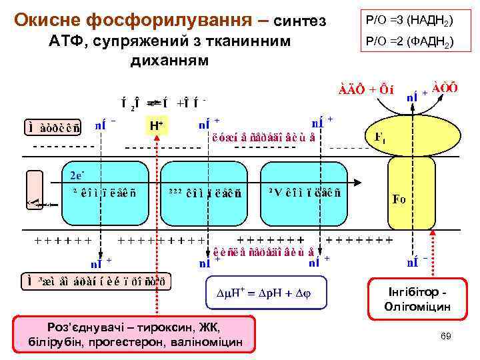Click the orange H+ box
tap(157, 125)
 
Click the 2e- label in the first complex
tap(77, 175)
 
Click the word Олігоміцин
tap(418, 307)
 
